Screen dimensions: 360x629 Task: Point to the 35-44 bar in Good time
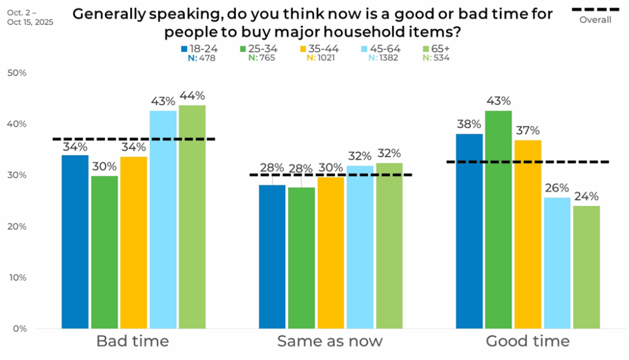tap(528, 234)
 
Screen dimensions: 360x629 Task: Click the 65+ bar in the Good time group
tap(587, 267)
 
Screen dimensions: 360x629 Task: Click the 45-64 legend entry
tap(383, 49)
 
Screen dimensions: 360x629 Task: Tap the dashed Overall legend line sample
tap(595, 9)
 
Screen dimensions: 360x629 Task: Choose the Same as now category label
tap(330, 341)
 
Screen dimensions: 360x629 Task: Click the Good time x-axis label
tap(528, 341)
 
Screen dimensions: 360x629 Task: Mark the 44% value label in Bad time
tap(192, 96)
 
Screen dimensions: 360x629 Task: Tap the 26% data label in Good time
tap(557, 188)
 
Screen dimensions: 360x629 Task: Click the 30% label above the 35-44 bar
tap(330, 168)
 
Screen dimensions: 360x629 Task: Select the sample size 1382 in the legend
tap(388, 58)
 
